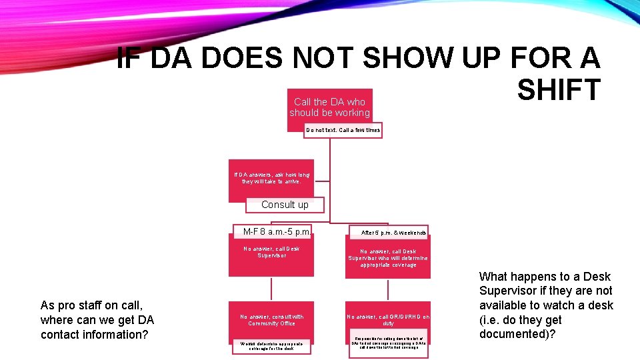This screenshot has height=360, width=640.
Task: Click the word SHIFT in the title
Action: coord(559,89)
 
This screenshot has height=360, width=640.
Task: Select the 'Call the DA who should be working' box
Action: coord(329,107)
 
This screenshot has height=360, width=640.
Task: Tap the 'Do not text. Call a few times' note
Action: coord(343,130)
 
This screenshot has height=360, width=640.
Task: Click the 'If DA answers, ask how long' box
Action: coord(271,178)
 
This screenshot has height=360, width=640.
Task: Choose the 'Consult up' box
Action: coord(285,205)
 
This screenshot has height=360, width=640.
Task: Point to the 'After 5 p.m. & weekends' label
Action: coord(393,233)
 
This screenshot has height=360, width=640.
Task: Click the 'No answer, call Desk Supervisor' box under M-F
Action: coord(271,253)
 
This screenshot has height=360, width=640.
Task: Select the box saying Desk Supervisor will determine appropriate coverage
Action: coord(388,258)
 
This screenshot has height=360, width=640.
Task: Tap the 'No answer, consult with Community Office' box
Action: coord(271,320)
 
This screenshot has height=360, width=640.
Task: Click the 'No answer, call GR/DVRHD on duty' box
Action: coord(388,320)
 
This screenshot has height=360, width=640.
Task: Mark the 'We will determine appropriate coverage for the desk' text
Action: coord(271,345)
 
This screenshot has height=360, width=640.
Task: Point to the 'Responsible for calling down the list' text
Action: coord(388,343)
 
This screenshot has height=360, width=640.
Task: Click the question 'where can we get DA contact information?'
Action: coord(97,327)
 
